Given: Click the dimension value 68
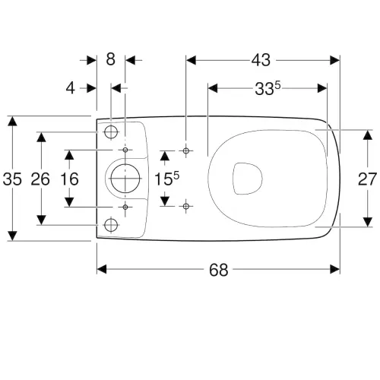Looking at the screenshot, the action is pyautogui.click(x=218, y=270).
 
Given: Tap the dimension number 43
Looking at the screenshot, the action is pyautogui.click(x=261, y=60).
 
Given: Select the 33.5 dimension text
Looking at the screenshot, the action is pyautogui.click(x=268, y=89).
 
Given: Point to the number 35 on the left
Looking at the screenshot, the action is pyautogui.click(x=12, y=179).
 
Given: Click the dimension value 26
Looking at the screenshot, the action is pyautogui.click(x=40, y=179).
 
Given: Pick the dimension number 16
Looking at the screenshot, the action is pyautogui.click(x=69, y=179).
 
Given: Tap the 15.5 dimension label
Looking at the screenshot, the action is pyautogui.click(x=166, y=179).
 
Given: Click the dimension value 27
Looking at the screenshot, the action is pyautogui.click(x=367, y=179).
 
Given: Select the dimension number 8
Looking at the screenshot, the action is pyautogui.click(x=110, y=59).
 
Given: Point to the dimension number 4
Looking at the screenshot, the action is pyautogui.click(x=71, y=88).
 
